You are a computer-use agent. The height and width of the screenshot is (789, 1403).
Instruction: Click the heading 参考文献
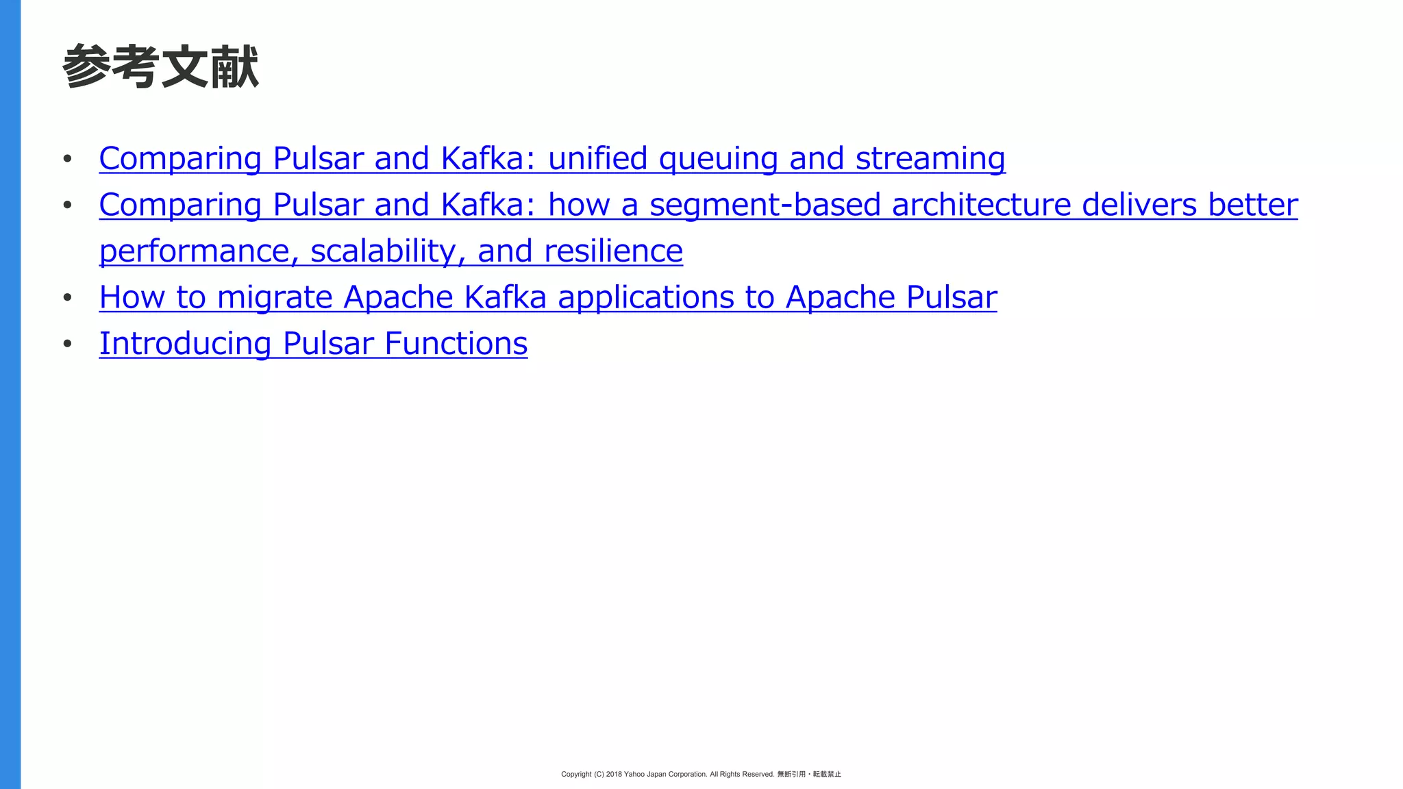pyautogui.click(x=160, y=67)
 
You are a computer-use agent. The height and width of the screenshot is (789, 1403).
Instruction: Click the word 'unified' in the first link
pyautogui.click(x=597, y=159)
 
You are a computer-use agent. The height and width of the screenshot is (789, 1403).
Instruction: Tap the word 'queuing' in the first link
pyautogui.click(x=718, y=159)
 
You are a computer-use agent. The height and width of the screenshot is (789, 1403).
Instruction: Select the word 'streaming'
pyautogui.click(x=930, y=159)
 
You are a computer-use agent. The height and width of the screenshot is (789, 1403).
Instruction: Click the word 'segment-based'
pyautogui.click(x=765, y=205)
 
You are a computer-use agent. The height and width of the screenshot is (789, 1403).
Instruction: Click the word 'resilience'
pyautogui.click(x=614, y=251)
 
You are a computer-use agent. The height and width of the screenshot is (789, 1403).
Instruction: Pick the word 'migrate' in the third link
pyautogui.click(x=275, y=298)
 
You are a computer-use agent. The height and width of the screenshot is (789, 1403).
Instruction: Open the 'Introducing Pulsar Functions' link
pyautogui.click(x=313, y=344)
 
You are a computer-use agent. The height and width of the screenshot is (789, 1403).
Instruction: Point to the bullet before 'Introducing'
pyautogui.click(x=67, y=344)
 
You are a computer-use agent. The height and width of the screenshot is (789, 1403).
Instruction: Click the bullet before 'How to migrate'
pyautogui.click(x=67, y=298)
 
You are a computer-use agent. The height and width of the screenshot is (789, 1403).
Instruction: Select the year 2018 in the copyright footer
pyautogui.click(x=614, y=774)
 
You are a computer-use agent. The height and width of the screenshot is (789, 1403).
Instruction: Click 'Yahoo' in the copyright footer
pyautogui.click(x=634, y=774)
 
